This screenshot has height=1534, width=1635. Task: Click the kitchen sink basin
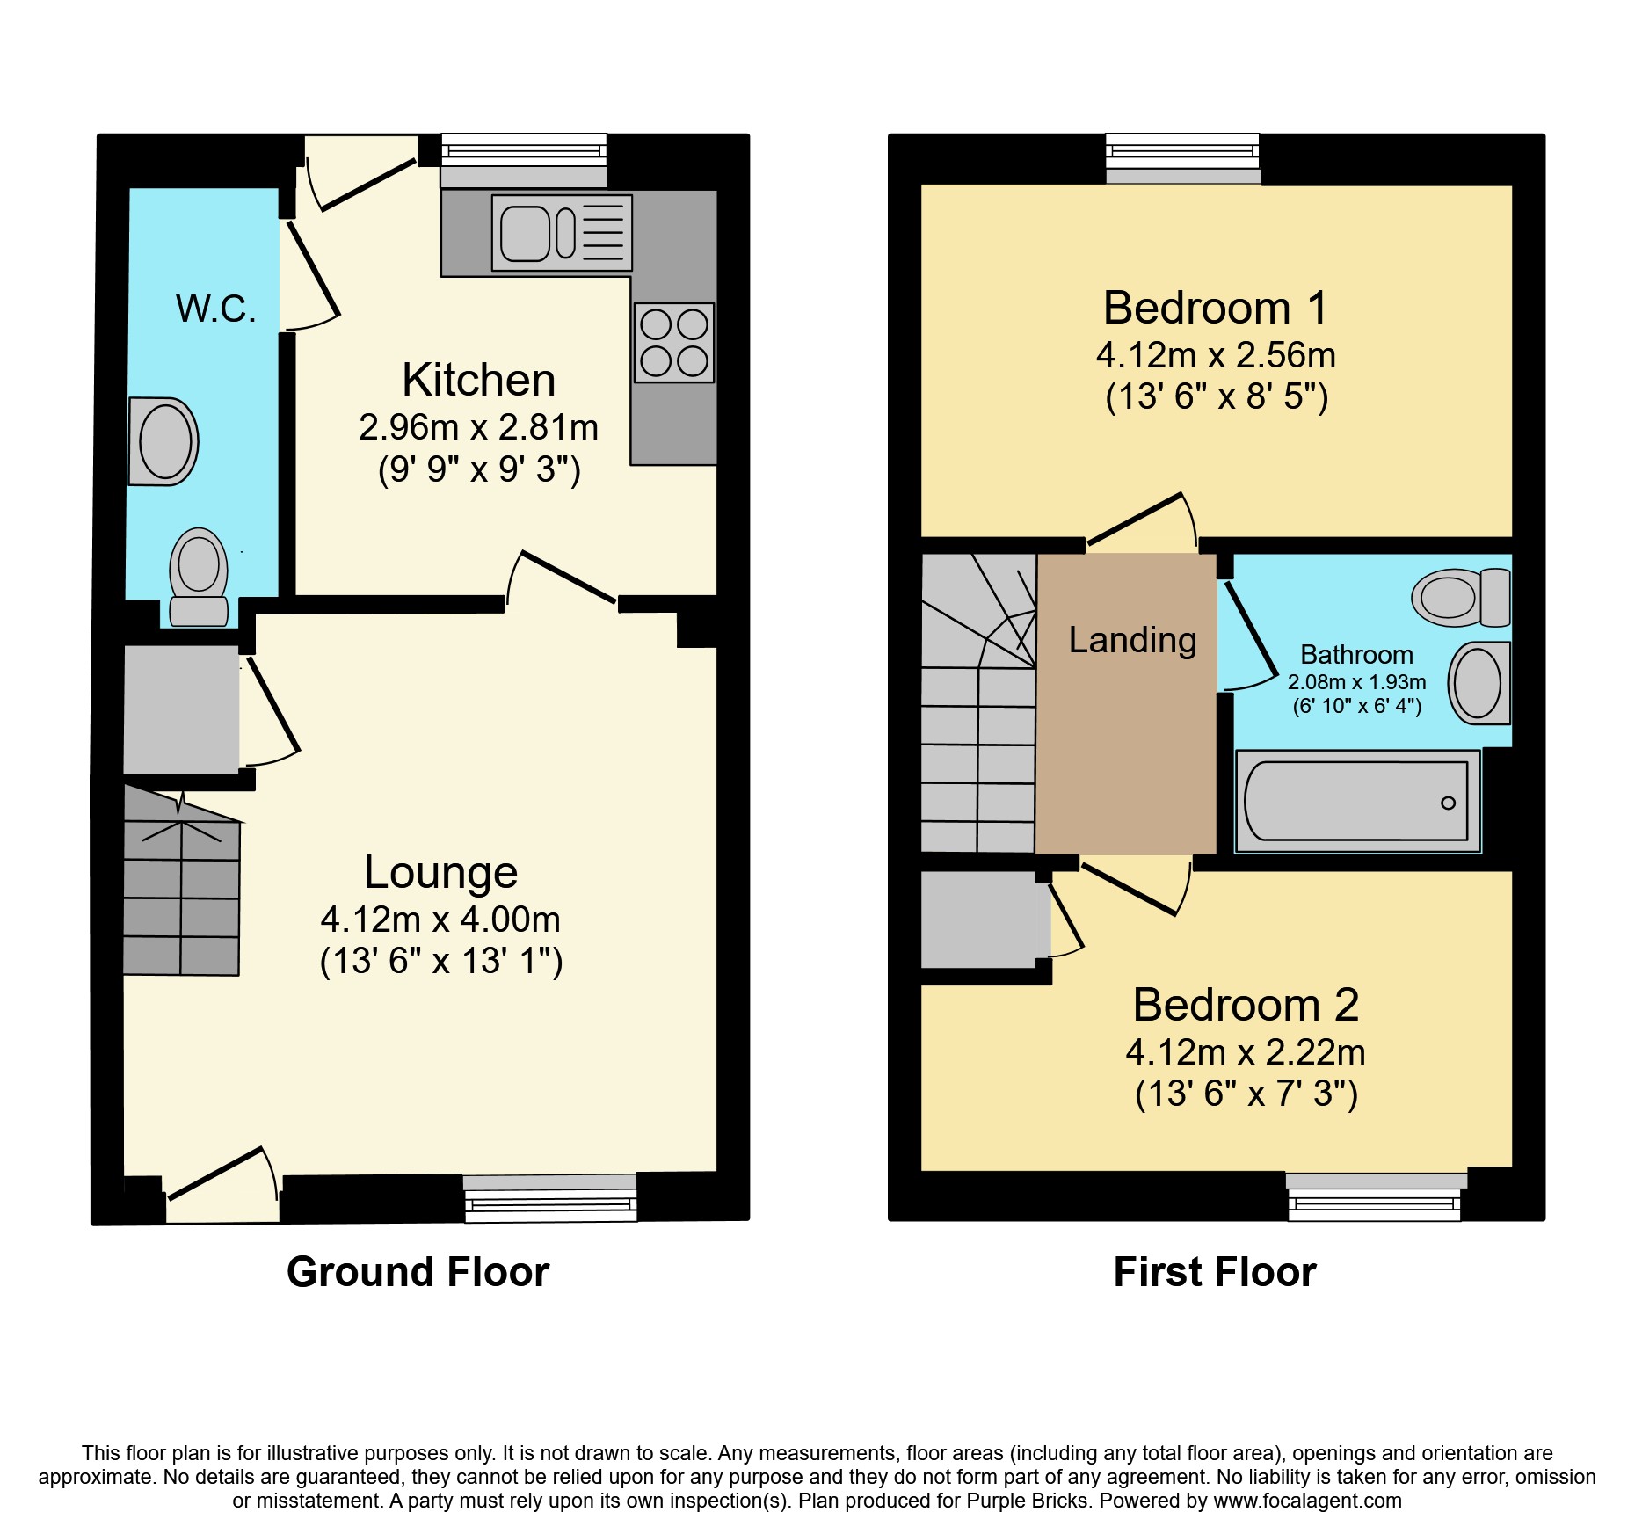point(525,233)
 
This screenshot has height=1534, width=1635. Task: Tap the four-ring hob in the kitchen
point(674,343)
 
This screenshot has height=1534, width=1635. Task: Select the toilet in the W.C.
point(199,576)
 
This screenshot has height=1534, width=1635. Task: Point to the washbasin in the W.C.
point(163,441)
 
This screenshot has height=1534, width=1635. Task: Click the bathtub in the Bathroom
point(1356,801)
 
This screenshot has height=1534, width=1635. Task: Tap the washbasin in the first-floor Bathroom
point(1479,683)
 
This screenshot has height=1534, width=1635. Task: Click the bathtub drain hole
point(1448,803)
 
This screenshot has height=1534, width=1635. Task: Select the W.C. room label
point(215,309)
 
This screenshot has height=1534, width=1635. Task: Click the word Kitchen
point(479,380)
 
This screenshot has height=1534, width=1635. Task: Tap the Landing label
point(1132,640)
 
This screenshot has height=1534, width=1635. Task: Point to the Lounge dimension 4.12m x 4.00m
point(440,920)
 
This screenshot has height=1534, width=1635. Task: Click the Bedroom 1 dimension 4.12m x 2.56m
point(1216,355)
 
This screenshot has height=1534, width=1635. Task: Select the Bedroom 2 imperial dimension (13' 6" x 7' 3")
point(1246,1094)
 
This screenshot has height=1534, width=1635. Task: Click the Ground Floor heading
point(418,1272)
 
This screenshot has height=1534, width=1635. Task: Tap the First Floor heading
point(1215,1272)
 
